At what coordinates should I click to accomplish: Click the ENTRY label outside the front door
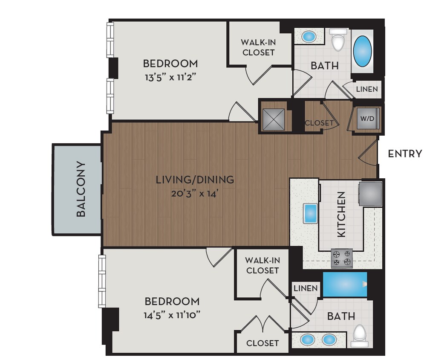click(404, 154)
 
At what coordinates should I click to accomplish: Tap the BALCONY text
click(81, 189)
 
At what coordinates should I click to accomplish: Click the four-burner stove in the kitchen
click(342, 258)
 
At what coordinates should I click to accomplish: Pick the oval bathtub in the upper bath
click(363, 50)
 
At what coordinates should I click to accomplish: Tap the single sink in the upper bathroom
click(309, 37)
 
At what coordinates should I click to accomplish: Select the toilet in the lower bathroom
click(361, 335)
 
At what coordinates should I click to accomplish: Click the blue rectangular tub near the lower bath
click(345, 284)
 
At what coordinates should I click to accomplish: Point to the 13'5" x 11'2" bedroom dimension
click(170, 78)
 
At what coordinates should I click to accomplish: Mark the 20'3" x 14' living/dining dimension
click(195, 193)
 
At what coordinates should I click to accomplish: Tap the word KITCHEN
click(341, 214)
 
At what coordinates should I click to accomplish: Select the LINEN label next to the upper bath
click(366, 89)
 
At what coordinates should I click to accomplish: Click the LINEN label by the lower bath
click(305, 288)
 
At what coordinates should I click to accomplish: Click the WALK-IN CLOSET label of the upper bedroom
click(257, 47)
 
